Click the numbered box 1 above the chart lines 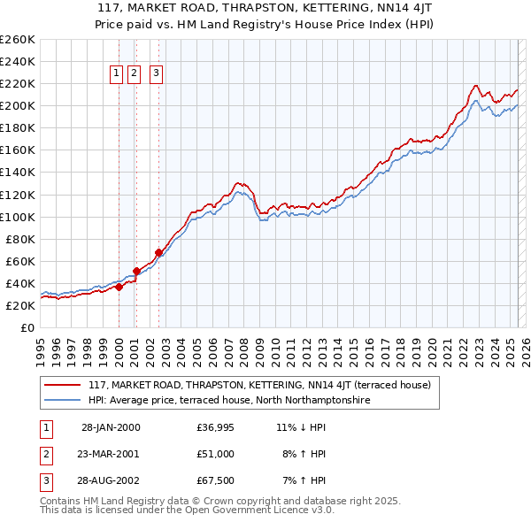(117, 74)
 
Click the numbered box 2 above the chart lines (135, 74)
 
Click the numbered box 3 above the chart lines (156, 74)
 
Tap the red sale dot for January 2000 (119, 286)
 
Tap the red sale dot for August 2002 (158, 252)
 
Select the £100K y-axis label (18, 217)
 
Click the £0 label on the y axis (27, 327)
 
